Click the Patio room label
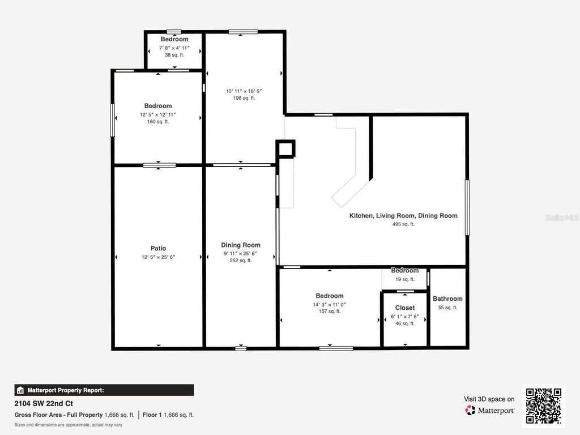coord(158,248)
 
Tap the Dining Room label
coord(241,245)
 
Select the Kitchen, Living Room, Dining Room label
coord(403,216)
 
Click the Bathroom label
coord(447,298)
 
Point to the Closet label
coord(404,308)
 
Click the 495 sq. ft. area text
coord(403,224)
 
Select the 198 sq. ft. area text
coord(244,98)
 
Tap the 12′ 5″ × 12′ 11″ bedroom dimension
coord(158,114)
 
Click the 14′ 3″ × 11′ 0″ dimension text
coord(330,304)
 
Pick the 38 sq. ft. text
coord(174,55)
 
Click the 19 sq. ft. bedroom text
coord(404,279)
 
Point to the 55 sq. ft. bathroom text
coord(447,308)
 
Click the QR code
coord(543,405)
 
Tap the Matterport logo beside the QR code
coord(490,410)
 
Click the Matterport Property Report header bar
coord(104,390)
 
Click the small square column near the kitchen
coord(286,149)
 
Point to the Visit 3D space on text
coord(489,399)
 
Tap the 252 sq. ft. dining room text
coord(241,261)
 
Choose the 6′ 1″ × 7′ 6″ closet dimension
coord(404,316)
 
